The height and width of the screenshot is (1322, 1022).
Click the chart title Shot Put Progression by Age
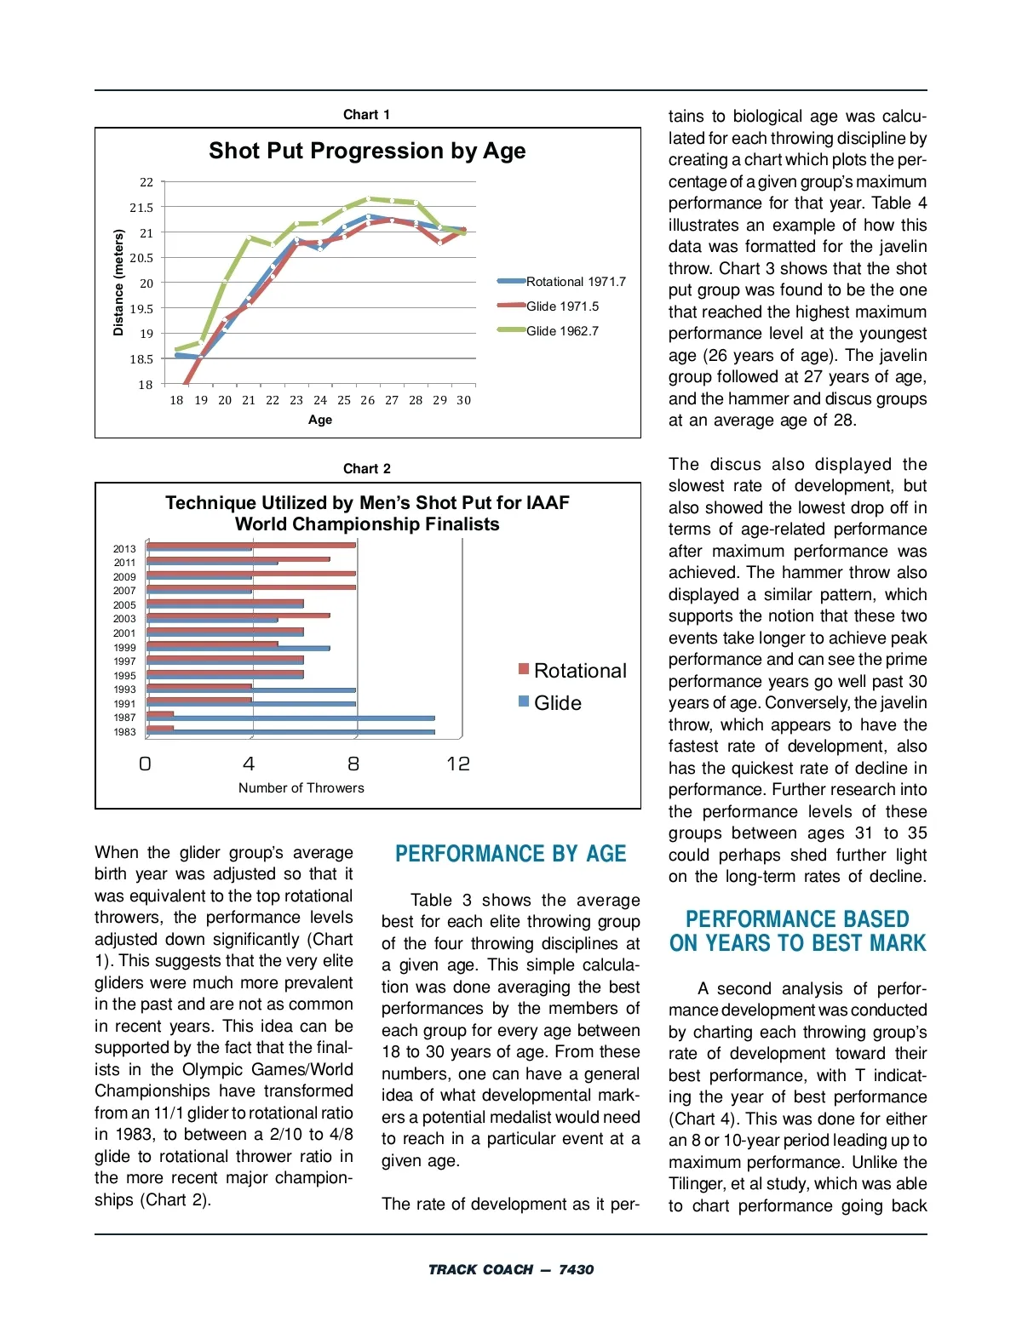coord(367,152)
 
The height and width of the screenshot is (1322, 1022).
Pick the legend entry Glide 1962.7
coord(562,331)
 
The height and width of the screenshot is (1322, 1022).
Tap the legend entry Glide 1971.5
coord(562,306)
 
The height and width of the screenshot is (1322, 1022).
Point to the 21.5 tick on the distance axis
coord(142,208)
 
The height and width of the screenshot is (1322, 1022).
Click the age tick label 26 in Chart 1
coord(367,400)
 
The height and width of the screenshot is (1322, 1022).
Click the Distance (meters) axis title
coord(118,283)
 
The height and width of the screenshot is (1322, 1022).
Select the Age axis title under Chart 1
coord(320,420)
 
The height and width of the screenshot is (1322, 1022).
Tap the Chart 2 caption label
coord(367,469)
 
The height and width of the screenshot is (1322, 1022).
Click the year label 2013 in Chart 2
coord(124,549)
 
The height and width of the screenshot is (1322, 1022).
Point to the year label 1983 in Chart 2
coord(124,732)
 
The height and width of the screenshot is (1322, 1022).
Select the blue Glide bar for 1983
coord(290,732)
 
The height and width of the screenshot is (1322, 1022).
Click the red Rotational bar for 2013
coord(251,545)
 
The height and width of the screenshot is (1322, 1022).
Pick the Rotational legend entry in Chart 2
coord(579,671)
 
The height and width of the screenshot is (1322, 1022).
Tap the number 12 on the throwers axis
coord(458,764)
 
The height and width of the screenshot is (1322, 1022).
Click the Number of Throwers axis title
coord(301,788)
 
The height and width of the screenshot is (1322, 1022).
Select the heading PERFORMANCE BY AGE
coord(510,854)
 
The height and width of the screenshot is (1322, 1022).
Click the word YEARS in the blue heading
coord(738,943)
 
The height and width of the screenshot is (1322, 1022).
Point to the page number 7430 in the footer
coord(576,1270)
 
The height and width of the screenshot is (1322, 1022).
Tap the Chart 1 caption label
coord(367,115)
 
